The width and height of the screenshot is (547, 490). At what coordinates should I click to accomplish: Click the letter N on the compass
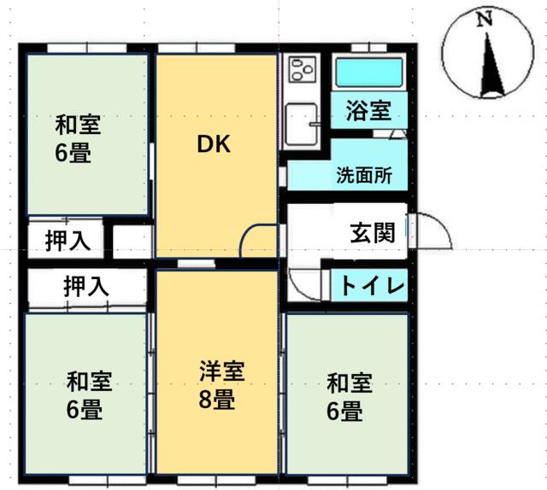click(x=485, y=19)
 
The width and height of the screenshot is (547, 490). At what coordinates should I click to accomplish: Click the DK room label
click(x=214, y=144)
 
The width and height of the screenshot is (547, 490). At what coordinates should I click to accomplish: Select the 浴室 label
click(x=368, y=110)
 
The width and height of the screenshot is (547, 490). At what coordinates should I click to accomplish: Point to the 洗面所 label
click(x=365, y=175)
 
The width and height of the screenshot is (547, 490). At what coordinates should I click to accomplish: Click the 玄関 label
click(x=373, y=232)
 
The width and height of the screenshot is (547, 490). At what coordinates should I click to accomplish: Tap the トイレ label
click(x=373, y=285)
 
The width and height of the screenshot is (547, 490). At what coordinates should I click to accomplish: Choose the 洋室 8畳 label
click(x=221, y=385)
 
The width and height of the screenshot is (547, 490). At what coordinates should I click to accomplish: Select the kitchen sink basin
click(x=302, y=125)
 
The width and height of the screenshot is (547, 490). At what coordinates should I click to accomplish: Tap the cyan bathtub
click(x=369, y=73)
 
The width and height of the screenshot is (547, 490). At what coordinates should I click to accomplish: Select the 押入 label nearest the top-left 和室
click(x=68, y=241)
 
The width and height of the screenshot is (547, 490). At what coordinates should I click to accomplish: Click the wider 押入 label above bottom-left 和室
click(x=86, y=286)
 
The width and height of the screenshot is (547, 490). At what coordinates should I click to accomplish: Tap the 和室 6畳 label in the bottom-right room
click(x=350, y=397)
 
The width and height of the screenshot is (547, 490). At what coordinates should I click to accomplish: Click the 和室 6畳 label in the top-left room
click(x=78, y=138)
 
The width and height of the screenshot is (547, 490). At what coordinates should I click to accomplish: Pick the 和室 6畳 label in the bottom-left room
click(x=89, y=395)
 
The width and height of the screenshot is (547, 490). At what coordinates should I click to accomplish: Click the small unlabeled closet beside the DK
click(x=132, y=242)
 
